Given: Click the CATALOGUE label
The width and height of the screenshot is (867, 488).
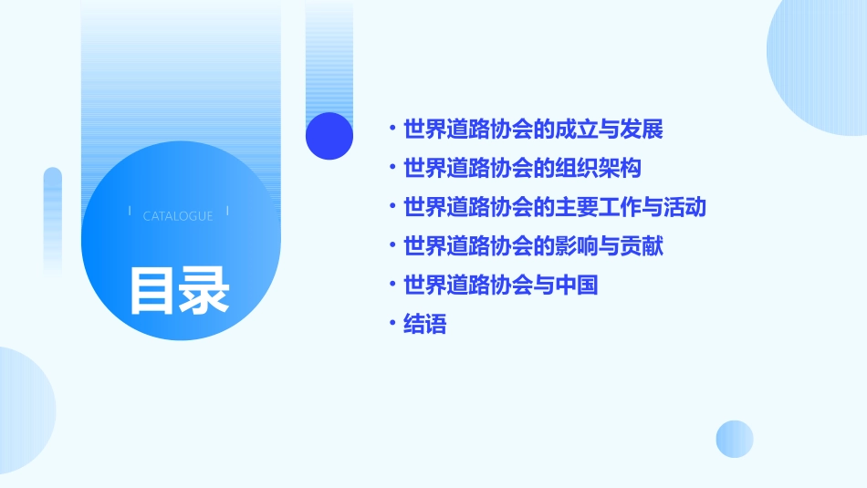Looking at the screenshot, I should coord(178,216).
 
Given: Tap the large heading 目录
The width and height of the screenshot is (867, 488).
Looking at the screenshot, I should coord(179,290).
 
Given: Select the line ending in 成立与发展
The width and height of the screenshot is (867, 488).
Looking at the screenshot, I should coord(533,130).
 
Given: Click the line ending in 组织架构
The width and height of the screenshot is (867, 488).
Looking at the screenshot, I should coord(523,169).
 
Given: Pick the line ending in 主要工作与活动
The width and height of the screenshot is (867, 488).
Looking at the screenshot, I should coord(555,207).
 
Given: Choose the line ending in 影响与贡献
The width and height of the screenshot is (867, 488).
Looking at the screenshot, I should coord(533,246).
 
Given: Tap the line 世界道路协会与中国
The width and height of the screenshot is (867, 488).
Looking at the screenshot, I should coord(500,286).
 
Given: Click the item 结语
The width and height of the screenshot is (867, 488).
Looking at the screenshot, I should coord(425,325).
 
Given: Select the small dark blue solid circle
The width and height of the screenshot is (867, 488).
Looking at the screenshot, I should coord(329,136).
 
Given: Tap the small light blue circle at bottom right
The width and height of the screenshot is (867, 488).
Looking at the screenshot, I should coord(735,439).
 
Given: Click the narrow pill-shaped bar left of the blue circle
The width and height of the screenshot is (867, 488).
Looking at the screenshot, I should coord(53,219).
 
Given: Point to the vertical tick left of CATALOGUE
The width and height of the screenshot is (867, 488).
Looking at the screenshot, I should coord(130,211).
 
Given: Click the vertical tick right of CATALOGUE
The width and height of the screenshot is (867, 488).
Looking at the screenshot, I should coord(227,211).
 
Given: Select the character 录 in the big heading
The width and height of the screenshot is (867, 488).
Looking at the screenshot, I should coord(204,290).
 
